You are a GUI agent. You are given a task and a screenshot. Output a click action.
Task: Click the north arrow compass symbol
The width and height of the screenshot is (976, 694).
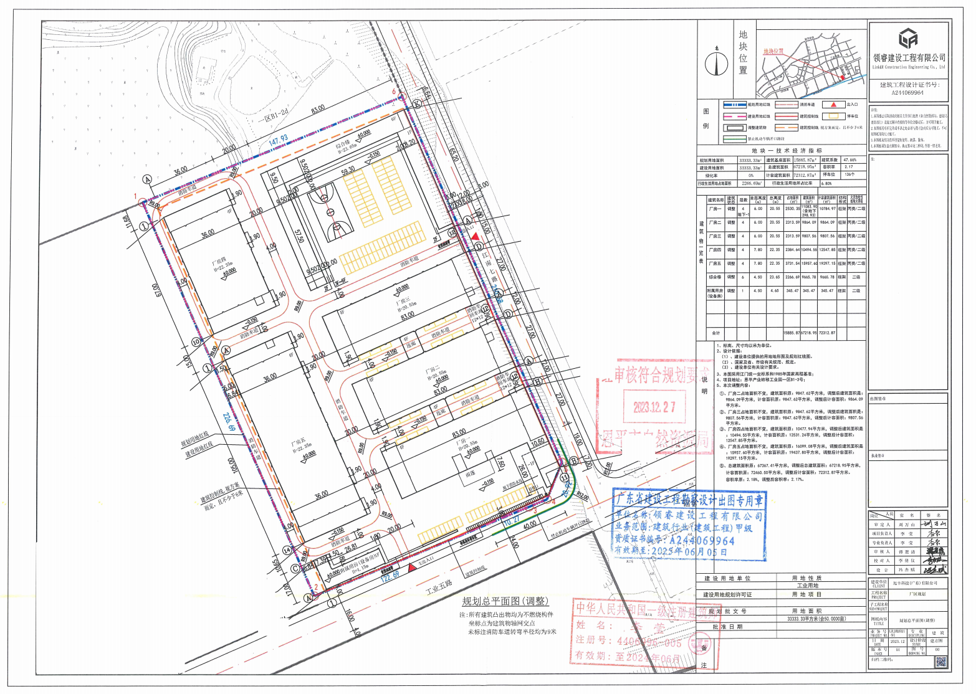(716, 63)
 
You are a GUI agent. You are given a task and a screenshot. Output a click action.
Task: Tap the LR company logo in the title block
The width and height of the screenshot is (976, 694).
(909, 39)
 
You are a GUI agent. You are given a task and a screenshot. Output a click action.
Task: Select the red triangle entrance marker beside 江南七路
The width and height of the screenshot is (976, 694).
(476, 237)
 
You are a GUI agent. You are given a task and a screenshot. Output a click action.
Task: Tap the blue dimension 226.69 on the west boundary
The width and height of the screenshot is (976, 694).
(227, 421)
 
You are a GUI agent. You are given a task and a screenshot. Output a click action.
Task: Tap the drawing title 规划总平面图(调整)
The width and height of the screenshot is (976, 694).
(505, 601)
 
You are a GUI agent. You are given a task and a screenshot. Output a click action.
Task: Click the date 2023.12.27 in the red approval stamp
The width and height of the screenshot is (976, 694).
(654, 407)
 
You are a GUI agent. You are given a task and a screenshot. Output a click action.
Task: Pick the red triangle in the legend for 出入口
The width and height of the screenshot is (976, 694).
(833, 105)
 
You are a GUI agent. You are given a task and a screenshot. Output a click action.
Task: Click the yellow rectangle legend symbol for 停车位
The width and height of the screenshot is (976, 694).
(833, 116)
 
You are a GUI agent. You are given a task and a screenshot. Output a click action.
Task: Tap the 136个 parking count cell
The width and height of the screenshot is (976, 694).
(848, 175)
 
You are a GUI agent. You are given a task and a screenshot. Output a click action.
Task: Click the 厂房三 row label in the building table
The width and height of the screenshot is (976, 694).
(714, 236)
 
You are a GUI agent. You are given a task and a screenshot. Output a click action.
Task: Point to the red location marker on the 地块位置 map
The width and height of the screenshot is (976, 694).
(843, 77)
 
